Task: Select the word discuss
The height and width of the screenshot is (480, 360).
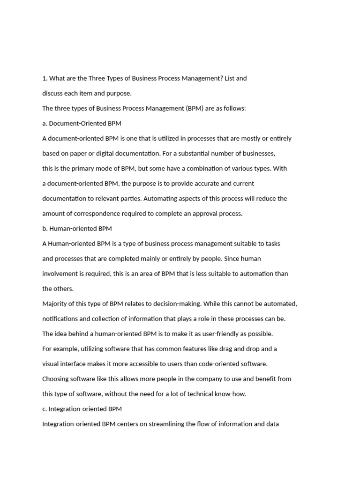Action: pyautogui.click(x=53, y=93)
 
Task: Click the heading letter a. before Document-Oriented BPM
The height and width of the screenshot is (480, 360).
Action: pyautogui.click(x=45, y=123)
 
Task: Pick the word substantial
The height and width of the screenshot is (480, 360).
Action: pyautogui.click(x=220, y=153)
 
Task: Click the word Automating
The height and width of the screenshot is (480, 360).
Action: pyautogui.click(x=160, y=198)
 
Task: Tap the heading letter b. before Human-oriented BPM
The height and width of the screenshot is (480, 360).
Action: pyautogui.click(x=45, y=228)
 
